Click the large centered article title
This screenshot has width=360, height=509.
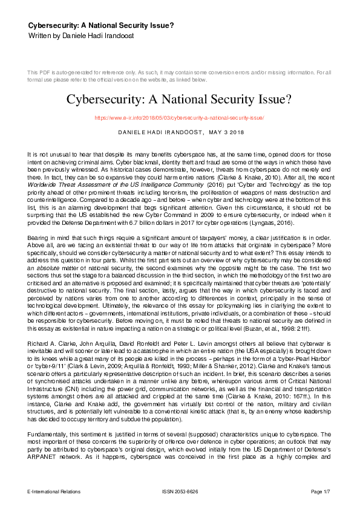(x=180, y=99)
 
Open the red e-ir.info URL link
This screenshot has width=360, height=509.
(x=180, y=117)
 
